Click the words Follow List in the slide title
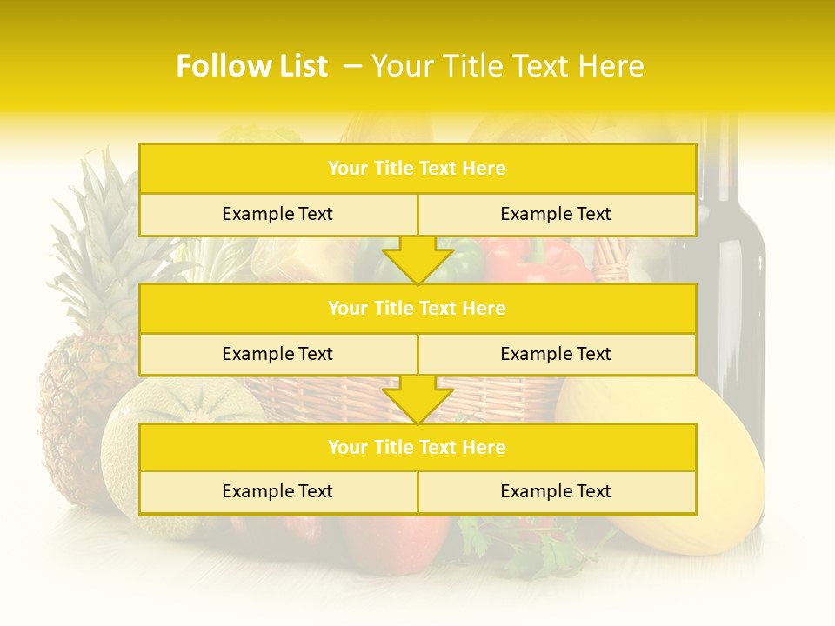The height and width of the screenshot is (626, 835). [252, 66]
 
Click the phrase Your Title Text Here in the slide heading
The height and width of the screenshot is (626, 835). [507, 66]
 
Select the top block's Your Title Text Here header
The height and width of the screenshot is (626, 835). [417, 169]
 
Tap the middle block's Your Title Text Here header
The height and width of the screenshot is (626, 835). [417, 308]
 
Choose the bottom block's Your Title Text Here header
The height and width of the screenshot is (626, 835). [417, 447]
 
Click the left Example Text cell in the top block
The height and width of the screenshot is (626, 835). [277, 214]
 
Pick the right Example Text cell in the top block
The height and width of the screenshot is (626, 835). [556, 214]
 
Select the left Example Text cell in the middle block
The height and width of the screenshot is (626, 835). [277, 354]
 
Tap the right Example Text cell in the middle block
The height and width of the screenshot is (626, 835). [556, 354]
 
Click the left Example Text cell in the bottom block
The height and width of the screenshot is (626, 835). [277, 491]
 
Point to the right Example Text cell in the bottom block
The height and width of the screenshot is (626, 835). [556, 491]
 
